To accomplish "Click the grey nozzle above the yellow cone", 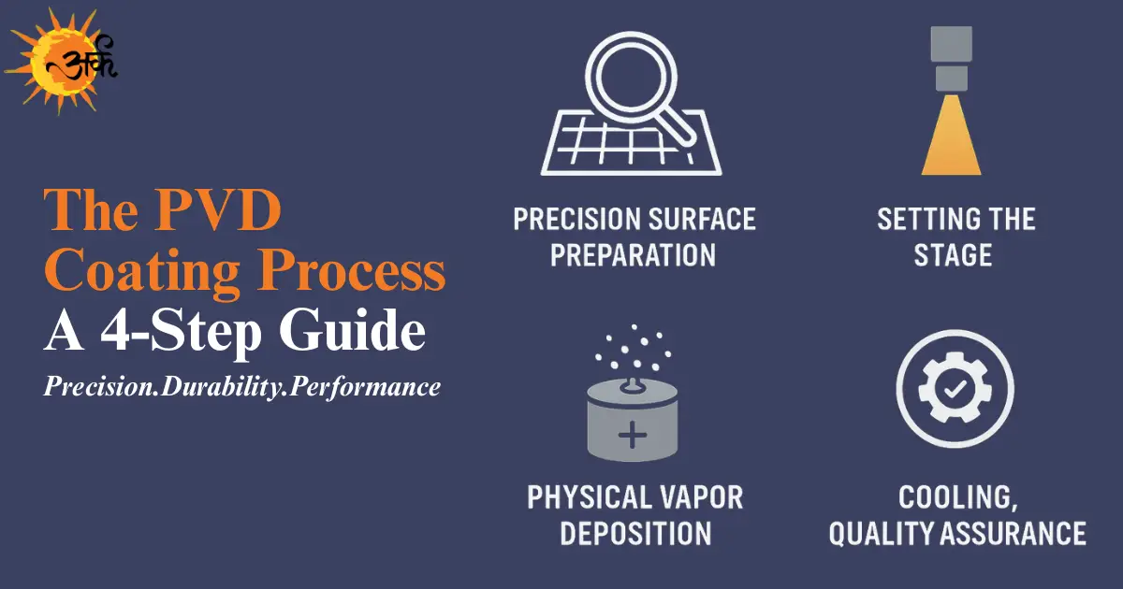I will pos(951,61).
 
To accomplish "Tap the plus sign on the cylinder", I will pos(634,435).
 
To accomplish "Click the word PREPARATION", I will pos(634,254).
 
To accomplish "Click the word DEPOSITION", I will pos(635,533).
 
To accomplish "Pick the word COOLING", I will pos(955,497).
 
